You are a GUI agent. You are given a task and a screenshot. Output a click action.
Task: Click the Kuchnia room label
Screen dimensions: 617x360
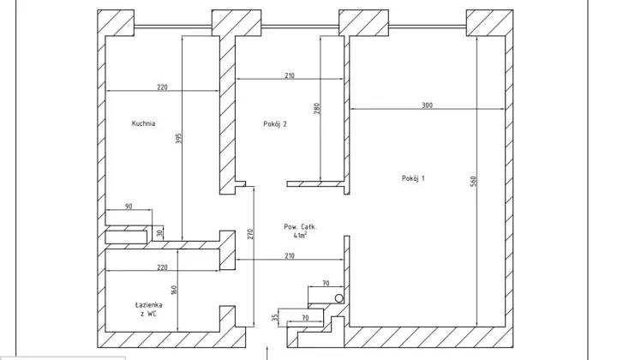(143, 123)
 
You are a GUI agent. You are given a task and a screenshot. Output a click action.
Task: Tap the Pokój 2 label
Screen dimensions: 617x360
(275, 124)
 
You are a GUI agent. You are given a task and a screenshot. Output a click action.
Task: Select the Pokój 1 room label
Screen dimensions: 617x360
(413, 178)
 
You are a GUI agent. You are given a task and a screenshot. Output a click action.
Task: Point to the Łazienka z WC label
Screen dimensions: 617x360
(148, 309)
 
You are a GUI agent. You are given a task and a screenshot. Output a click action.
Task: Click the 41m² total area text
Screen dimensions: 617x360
(300, 235)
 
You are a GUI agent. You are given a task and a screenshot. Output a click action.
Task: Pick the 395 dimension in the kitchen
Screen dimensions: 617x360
(178, 139)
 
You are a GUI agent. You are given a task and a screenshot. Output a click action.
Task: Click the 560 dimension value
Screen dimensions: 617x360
(473, 182)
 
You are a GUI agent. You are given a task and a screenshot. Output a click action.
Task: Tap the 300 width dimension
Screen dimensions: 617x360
(427, 105)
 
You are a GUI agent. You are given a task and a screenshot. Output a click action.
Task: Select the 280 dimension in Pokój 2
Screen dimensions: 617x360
(317, 109)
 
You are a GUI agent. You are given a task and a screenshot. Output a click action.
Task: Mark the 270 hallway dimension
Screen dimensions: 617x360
(250, 234)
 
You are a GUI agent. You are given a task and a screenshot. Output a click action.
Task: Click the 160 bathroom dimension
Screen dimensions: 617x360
(174, 290)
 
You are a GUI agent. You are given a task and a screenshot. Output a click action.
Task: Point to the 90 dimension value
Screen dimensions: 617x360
(129, 207)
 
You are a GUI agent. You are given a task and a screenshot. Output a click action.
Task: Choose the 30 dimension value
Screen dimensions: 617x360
(159, 233)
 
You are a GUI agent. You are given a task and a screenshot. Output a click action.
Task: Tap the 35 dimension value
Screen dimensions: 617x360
(275, 317)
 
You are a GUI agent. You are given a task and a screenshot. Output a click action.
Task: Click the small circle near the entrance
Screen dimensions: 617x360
(339, 298)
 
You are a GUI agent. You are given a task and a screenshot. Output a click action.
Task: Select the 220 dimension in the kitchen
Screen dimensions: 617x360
(162, 87)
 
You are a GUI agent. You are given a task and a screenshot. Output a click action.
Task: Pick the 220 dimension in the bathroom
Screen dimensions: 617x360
(162, 267)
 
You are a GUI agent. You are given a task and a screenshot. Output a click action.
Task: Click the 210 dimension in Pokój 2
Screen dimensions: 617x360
(290, 75)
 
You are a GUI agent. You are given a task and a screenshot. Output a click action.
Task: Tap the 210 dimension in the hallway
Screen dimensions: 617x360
(290, 255)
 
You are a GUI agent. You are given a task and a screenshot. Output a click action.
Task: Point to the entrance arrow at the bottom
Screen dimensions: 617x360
(267, 353)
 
